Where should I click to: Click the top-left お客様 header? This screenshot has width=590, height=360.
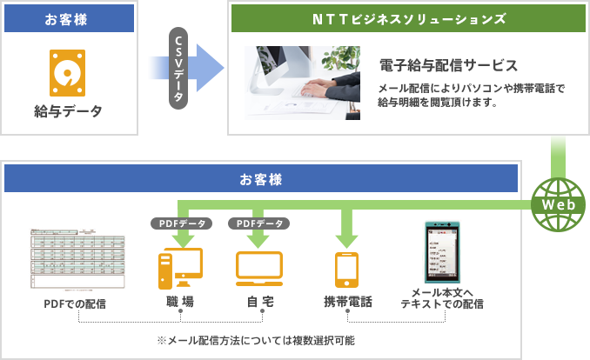[x=69, y=18]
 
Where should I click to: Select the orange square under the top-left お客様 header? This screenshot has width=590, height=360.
[x=67, y=72]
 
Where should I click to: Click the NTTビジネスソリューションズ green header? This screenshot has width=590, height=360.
[x=408, y=18]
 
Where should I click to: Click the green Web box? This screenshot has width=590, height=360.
[x=558, y=204]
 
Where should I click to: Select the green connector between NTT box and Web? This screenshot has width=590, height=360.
[x=558, y=156]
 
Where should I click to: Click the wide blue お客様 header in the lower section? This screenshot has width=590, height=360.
[x=261, y=178]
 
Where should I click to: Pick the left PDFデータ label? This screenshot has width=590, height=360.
[x=180, y=223]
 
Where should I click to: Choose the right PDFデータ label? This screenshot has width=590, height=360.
[x=258, y=223]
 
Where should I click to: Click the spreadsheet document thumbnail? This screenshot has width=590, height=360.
[x=77, y=259]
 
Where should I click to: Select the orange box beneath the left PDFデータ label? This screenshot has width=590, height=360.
[x=180, y=268]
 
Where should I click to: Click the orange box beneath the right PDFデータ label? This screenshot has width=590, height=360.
[x=258, y=268]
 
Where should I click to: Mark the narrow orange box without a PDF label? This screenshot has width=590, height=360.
[x=346, y=269]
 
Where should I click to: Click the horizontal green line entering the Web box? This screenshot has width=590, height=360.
[x=435, y=204]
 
